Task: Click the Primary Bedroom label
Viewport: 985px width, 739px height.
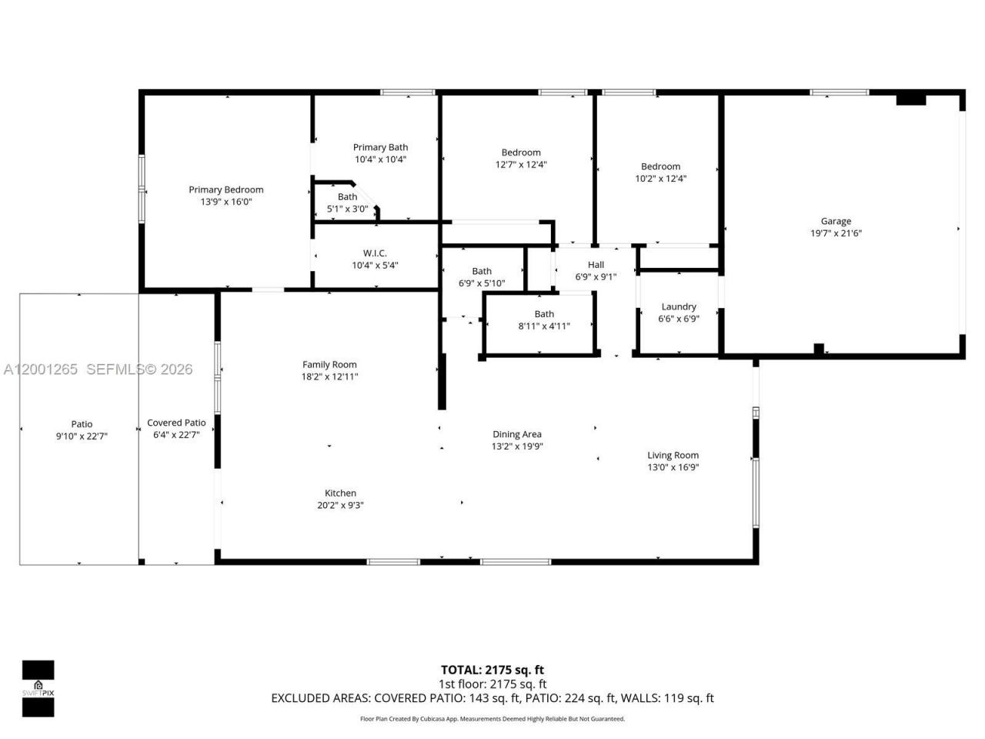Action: tap(226, 189)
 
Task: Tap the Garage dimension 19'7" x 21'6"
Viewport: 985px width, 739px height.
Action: tap(836, 233)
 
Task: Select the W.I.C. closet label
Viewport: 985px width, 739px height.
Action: tap(375, 253)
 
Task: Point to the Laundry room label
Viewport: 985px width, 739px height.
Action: tap(679, 306)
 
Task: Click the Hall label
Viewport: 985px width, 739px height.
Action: tap(596, 265)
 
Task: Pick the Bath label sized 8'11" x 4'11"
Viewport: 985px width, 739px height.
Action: tap(544, 314)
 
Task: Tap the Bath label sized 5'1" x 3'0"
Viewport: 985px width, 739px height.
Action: tap(347, 197)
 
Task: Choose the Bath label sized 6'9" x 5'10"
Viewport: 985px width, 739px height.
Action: tap(482, 271)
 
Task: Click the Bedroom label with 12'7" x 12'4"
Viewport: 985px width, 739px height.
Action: tap(521, 152)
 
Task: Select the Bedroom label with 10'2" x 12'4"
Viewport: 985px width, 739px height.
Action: tap(660, 166)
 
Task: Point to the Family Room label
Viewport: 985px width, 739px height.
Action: tap(329, 365)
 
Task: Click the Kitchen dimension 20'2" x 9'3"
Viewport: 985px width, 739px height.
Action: tap(340, 506)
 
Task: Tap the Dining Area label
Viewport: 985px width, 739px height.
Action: tap(517, 434)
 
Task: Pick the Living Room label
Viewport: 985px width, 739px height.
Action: tap(673, 455)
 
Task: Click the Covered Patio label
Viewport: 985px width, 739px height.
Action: tap(176, 423)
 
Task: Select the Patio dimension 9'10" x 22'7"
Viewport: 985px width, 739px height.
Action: tap(82, 436)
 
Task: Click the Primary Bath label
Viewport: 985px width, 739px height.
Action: tap(380, 147)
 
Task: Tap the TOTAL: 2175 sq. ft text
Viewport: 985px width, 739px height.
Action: tap(492, 670)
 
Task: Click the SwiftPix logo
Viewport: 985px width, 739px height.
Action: tap(38, 687)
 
